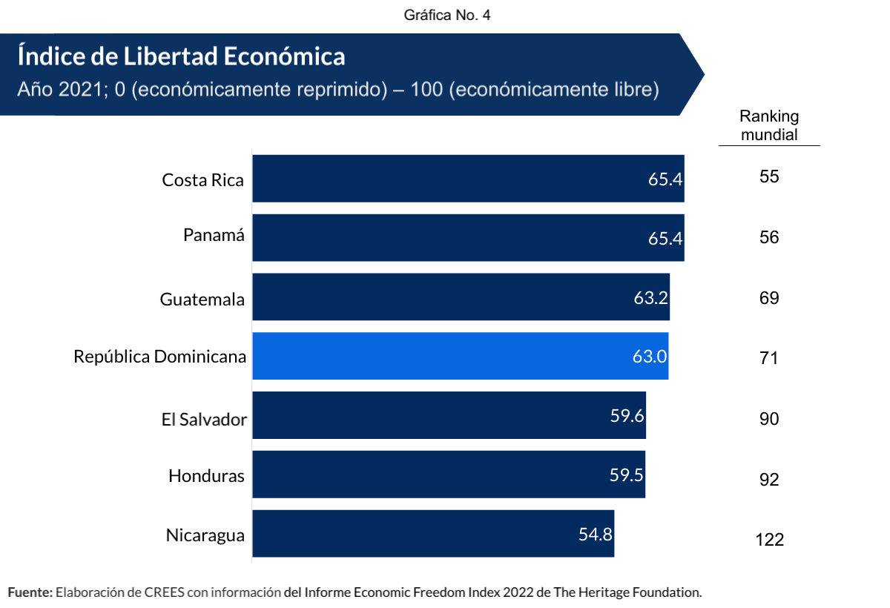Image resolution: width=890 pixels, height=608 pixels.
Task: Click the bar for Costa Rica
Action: pyautogui.click(x=467, y=178)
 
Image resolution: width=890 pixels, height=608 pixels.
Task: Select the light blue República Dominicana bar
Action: pyautogui.click(x=460, y=356)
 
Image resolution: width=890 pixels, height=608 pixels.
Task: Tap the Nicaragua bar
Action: pyautogui.click(x=433, y=534)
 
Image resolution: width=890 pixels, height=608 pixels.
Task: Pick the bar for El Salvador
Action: pyautogui.click(x=449, y=415)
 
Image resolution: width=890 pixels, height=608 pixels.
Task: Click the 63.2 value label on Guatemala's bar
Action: pyautogui.click(x=650, y=297)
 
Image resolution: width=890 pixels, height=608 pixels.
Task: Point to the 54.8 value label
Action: pyautogui.click(x=596, y=534)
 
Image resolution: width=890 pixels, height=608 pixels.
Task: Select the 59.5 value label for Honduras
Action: pyautogui.click(x=627, y=475)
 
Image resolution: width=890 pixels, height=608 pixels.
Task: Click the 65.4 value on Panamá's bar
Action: pyautogui.click(x=665, y=238)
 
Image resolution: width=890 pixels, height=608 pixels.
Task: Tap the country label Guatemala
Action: pyautogui.click(x=202, y=300)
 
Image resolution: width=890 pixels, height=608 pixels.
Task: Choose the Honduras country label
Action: pyautogui.click(x=206, y=475)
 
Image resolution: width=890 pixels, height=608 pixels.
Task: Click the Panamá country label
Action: pyautogui.click(x=214, y=235)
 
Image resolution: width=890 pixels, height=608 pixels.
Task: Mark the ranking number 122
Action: pyautogui.click(x=769, y=540)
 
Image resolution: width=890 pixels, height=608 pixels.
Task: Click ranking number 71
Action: pyautogui.click(x=769, y=358)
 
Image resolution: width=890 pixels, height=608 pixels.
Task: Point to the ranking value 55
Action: pyautogui.click(x=769, y=176)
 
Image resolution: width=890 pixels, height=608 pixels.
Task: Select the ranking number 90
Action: pyautogui.click(x=769, y=419)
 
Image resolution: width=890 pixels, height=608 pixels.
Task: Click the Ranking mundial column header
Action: pyautogui.click(x=769, y=126)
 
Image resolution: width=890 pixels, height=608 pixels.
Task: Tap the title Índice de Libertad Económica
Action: pyautogui.click(x=181, y=56)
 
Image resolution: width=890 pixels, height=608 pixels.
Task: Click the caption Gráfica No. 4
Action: pyautogui.click(x=447, y=16)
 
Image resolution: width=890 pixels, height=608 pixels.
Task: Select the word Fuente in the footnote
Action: pyautogui.click(x=30, y=592)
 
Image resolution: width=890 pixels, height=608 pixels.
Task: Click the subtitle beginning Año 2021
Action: pyautogui.click(x=338, y=90)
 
